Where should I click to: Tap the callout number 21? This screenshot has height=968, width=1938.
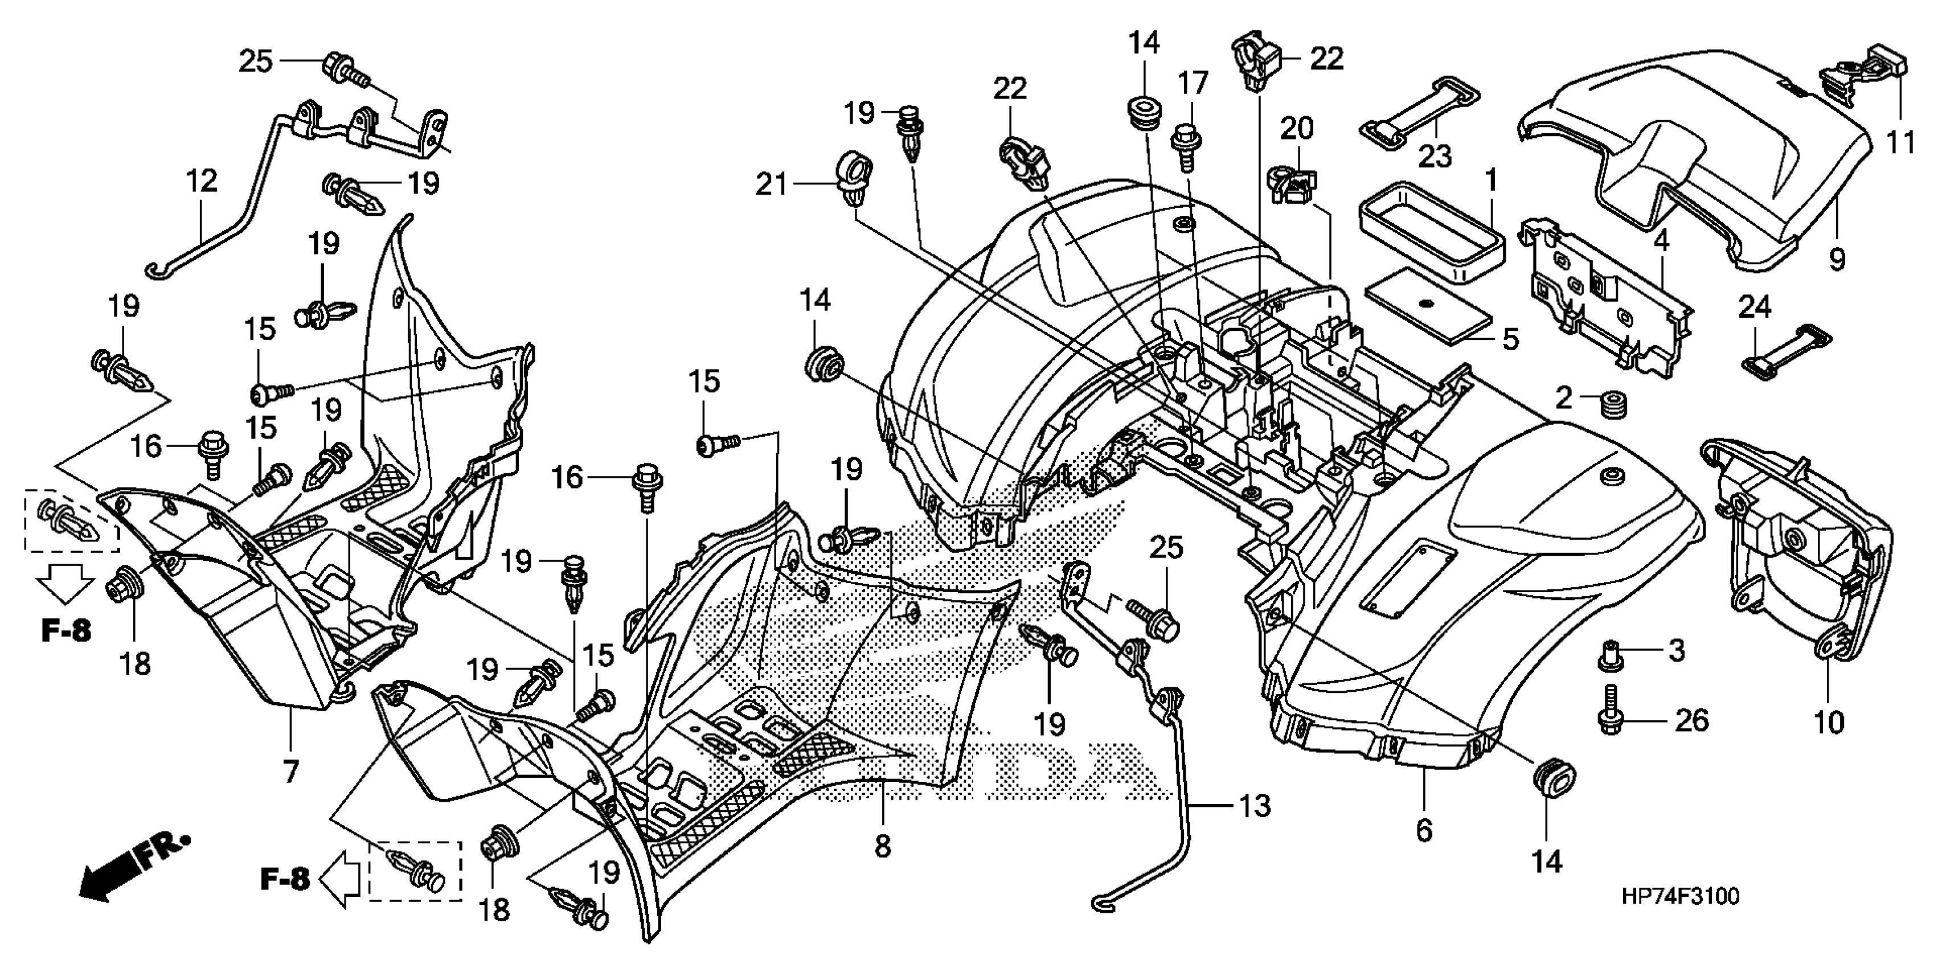771,184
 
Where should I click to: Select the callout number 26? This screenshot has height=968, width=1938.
1691,720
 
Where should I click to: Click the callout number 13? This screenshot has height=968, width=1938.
1254,806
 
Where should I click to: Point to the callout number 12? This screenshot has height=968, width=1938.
202,181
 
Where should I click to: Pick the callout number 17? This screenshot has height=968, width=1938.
1193,83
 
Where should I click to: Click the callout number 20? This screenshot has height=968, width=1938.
1296,129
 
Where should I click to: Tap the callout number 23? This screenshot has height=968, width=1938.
1435,157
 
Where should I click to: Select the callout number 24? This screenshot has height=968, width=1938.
1753,307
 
